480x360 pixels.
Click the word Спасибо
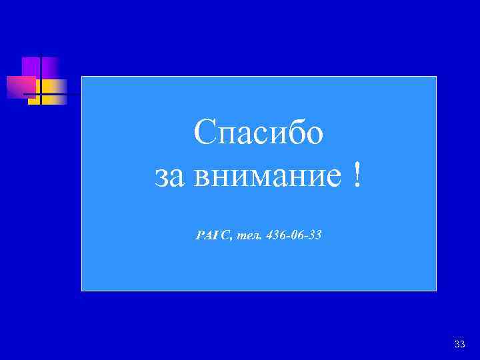259,133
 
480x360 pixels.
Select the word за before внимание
169,177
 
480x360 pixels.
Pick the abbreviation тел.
249,235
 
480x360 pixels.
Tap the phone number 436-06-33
293,235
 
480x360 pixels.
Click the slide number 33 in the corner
459,344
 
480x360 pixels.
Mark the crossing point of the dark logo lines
40,95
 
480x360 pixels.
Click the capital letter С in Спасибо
205,133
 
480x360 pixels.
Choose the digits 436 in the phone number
274,235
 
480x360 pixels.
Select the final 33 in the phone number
315,235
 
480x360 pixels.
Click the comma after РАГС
231,238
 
